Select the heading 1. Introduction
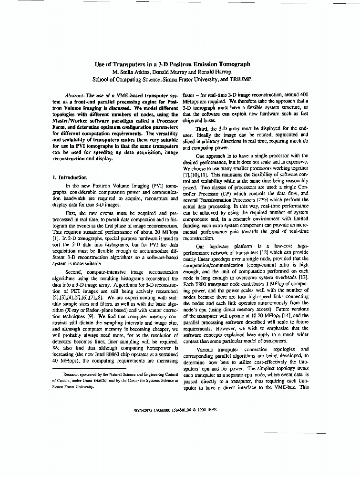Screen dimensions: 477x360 point(70,177)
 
